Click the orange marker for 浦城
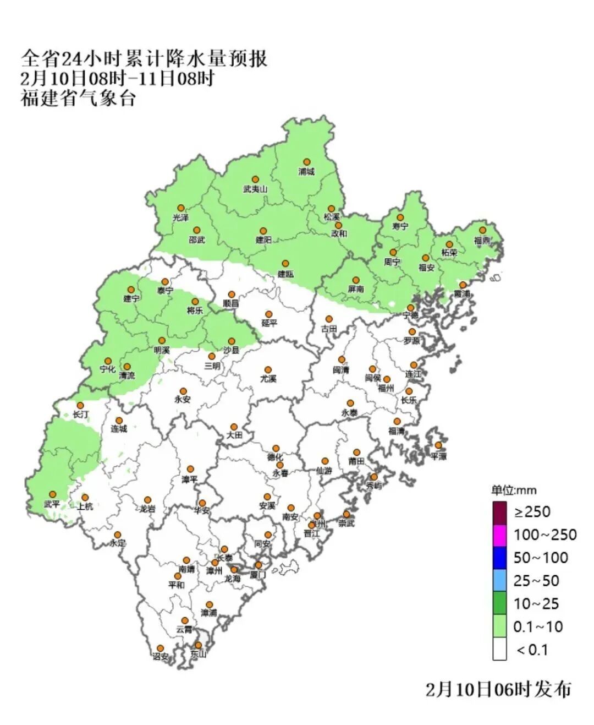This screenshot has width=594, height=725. click(307, 162)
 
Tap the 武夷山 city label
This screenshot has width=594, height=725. click(255, 189)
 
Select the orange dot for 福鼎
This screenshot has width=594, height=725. click(482, 230)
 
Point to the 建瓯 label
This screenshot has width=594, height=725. click(285, 274)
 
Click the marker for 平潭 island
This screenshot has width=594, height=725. click(438, 445)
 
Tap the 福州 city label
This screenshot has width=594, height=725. click(386, 388)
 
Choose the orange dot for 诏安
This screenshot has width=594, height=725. click(160, 648)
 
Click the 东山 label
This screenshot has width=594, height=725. click(198, 655)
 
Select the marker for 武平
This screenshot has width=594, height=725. click(53, 494)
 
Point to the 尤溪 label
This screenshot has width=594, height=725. click(268, 379)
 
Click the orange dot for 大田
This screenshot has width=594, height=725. click(234, 427)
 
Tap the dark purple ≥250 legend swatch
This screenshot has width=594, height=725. click(499, 512)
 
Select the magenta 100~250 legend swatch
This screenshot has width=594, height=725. click(499, 535)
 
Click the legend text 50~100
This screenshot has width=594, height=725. click(540, 558)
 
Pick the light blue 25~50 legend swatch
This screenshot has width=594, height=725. click(499, 581)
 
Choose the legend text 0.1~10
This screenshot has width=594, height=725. click(537, 626)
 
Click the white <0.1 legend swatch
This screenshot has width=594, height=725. click(499, 650)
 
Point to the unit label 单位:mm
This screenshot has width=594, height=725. click(514, 490)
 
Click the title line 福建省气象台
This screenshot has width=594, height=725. click(78, 99)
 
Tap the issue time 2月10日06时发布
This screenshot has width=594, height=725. click(498, 689)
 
